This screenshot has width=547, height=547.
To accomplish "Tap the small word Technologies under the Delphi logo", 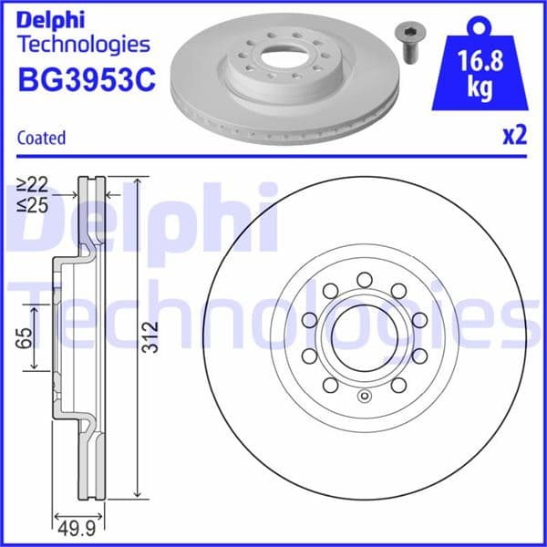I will pos(83,44).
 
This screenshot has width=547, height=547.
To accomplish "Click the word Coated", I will pos(42,138).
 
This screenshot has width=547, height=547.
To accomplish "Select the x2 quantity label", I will pos(514,137).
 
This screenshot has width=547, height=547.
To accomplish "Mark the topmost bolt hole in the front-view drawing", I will pos(363,279).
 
